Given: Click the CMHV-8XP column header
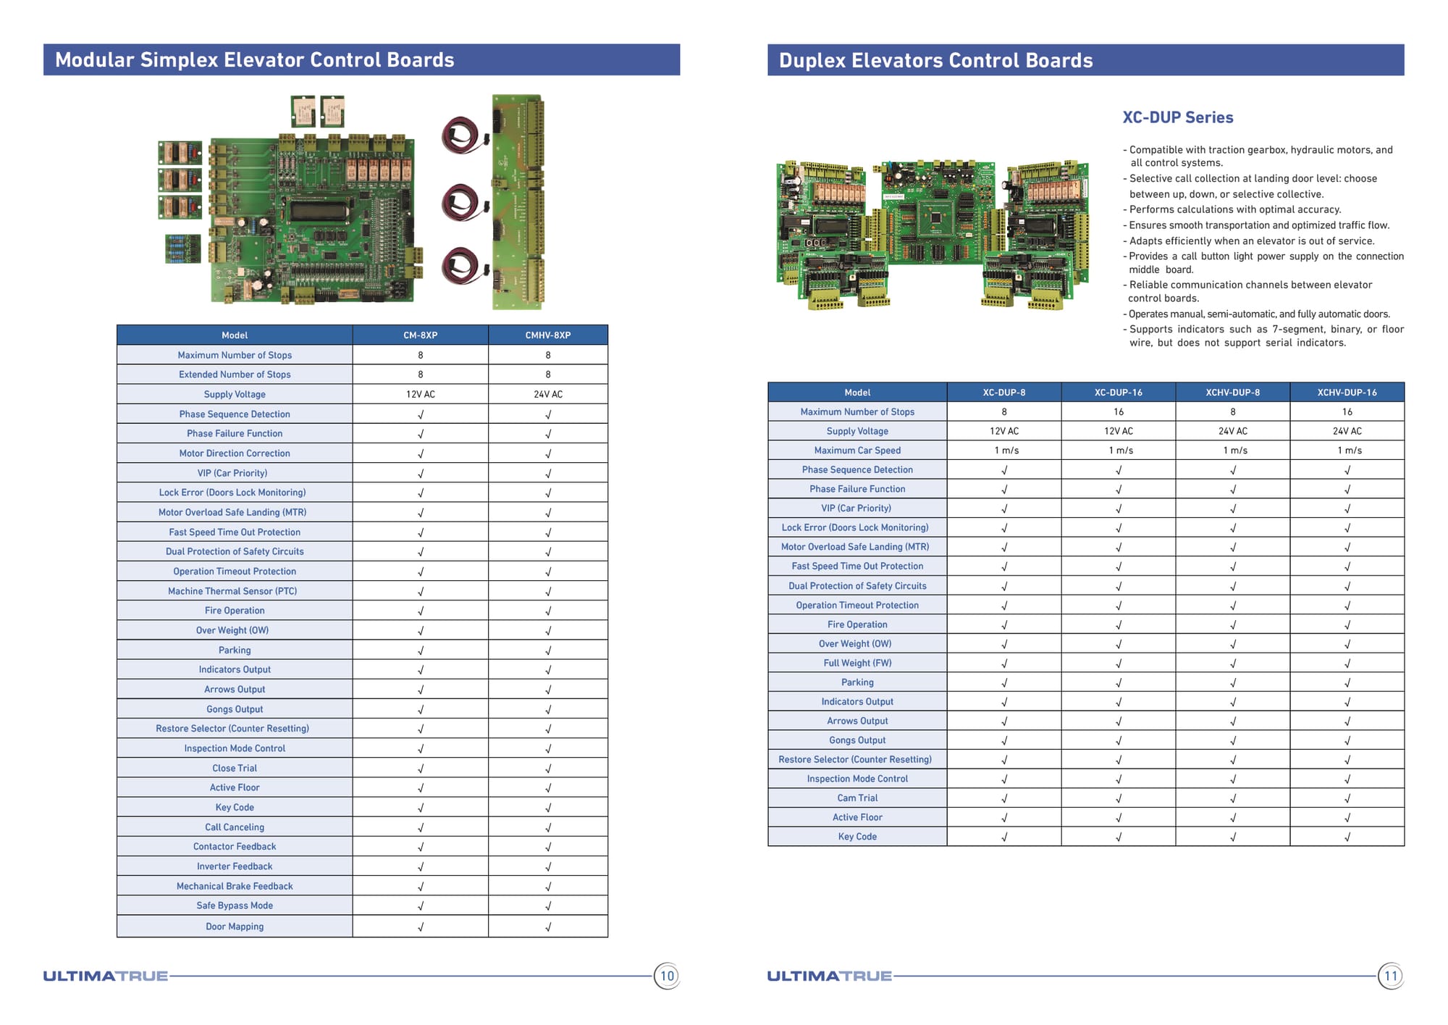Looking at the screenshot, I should click(548, 335).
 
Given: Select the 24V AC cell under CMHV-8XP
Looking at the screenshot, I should click(548, 394).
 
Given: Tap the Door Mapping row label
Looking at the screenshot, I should click(235, 926).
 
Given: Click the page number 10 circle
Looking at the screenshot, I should click(667, 976).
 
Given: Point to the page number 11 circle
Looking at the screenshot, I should click(1390, 976).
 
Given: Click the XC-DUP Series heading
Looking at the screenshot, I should click(1177, 117).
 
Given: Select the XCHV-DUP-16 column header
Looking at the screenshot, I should click(1347, 392).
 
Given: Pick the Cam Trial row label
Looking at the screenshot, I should click(857, 798).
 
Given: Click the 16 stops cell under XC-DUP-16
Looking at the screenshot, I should click(1119, 411).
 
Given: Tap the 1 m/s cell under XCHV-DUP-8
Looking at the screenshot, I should click(1233, 450).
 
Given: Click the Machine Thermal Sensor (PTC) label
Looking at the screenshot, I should click(232, 591).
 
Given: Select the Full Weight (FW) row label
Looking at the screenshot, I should click(857, 663).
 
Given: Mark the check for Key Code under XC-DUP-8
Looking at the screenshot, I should click(1004, 837).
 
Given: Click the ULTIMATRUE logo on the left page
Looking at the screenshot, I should click(106, 976).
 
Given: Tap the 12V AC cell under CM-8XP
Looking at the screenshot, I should click(420, 394).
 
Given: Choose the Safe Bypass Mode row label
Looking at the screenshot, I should click(235, 905).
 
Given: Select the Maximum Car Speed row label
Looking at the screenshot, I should click(857, 450).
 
